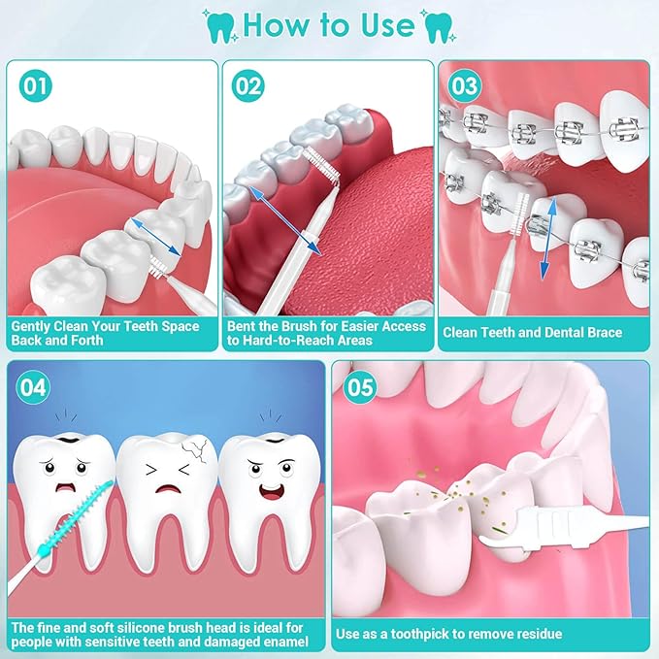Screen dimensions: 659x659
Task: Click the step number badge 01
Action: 36,85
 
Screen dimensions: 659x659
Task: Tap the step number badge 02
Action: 247,85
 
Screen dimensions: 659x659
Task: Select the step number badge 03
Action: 465,85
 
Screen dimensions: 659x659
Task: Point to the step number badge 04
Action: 33,387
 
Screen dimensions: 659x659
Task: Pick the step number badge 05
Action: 360,387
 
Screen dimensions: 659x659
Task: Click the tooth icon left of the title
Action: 220,26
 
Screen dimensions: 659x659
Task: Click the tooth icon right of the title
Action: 438,26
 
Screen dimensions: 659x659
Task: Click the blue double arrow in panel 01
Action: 155,236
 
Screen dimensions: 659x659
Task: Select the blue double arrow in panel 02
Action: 285,220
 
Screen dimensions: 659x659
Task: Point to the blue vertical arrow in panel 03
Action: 549,239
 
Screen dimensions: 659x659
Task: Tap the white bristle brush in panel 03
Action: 520,214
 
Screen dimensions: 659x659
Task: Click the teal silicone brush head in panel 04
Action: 76,518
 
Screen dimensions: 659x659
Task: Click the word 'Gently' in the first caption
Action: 30,327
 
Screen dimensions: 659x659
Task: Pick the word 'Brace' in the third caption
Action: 605,333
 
